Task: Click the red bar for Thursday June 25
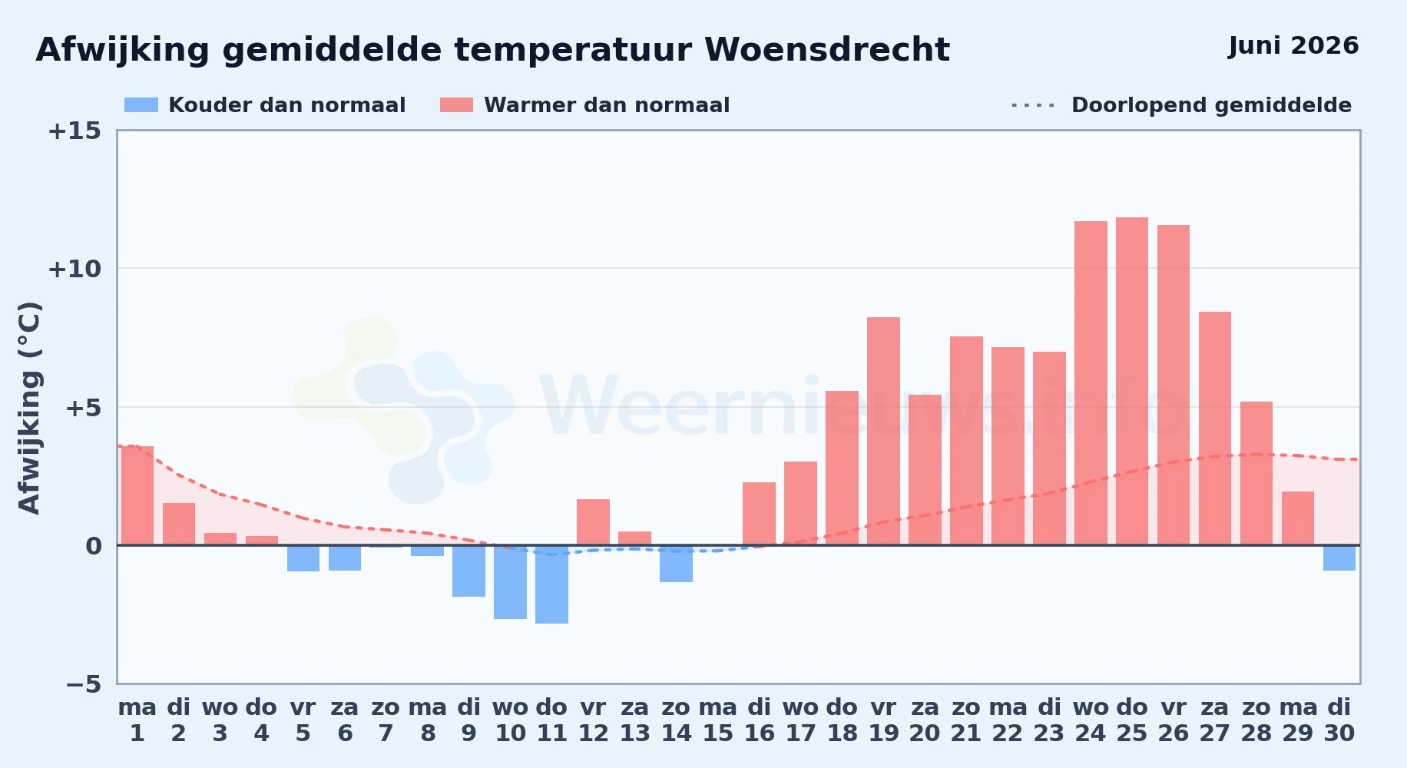point(1132,381)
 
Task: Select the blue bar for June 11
point(551,584)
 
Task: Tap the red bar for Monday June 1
point(137,495)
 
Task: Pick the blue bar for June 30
point(1339,558)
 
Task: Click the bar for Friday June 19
point(883,431)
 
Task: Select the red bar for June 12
point(593,522)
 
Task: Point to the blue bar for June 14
point(676,564)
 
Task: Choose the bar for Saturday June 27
point(1215,429)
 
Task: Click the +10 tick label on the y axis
point(74,269)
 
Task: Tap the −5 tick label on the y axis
point(83,684)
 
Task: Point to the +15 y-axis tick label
point(74,131)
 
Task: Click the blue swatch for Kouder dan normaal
point(141,105)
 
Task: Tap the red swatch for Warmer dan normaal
point(456,105)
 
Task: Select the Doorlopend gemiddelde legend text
point(1211,105)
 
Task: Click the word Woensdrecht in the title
point(827,50)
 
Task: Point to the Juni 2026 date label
point(1293,46)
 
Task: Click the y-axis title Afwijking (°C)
point(29,407)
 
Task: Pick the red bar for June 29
point(1298,518)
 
